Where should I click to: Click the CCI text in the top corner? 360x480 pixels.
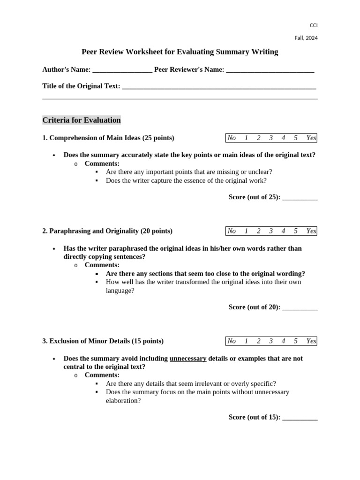click(314, 25)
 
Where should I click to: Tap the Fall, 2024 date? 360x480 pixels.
click(306, 38)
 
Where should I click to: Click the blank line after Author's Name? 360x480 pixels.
click(122, 70)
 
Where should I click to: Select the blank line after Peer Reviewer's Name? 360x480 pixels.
click(270, 70)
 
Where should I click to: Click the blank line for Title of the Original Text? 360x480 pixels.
click(219, 87)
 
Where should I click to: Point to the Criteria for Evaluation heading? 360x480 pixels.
click(82, 120)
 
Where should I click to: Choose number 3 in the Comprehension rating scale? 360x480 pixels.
click(271, 138)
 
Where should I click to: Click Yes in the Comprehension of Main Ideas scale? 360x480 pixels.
click(311, 138)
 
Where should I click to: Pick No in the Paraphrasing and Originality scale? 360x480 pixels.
click(232, 231)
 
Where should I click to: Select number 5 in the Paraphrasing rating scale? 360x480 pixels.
click(295, 231)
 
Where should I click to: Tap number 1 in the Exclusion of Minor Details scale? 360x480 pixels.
click(246, 341)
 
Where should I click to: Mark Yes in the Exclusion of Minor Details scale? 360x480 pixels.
click(311, 341)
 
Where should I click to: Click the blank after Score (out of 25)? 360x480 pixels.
click(300, 197)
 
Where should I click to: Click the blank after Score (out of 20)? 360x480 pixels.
click(300, 307)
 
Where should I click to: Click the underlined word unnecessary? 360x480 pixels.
click(188, 359)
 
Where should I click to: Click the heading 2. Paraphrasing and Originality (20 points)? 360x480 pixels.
click(107, 231)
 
